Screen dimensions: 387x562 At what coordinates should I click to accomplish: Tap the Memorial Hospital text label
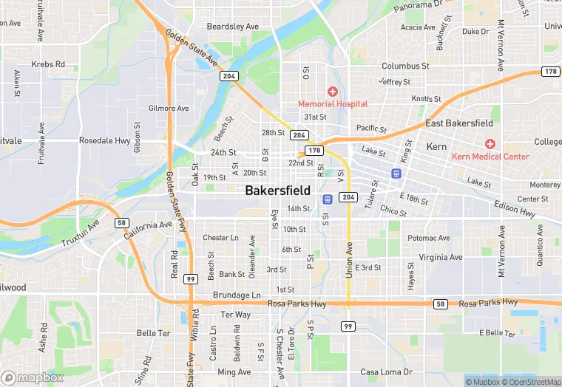333,104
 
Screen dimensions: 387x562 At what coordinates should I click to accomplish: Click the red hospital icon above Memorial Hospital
333,92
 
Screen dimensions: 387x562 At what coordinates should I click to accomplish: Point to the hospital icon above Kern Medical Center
490,143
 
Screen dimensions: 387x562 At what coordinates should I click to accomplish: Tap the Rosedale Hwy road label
104,140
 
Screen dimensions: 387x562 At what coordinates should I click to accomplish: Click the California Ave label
147,226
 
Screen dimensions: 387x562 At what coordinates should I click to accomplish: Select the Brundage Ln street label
237,295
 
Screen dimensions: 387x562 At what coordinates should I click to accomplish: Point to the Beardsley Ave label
233,27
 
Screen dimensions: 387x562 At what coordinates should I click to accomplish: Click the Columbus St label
405,66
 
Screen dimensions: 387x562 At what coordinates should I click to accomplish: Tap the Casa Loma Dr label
386,371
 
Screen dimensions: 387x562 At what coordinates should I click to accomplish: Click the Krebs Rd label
48,64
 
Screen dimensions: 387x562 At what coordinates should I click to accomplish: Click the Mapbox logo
32,377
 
